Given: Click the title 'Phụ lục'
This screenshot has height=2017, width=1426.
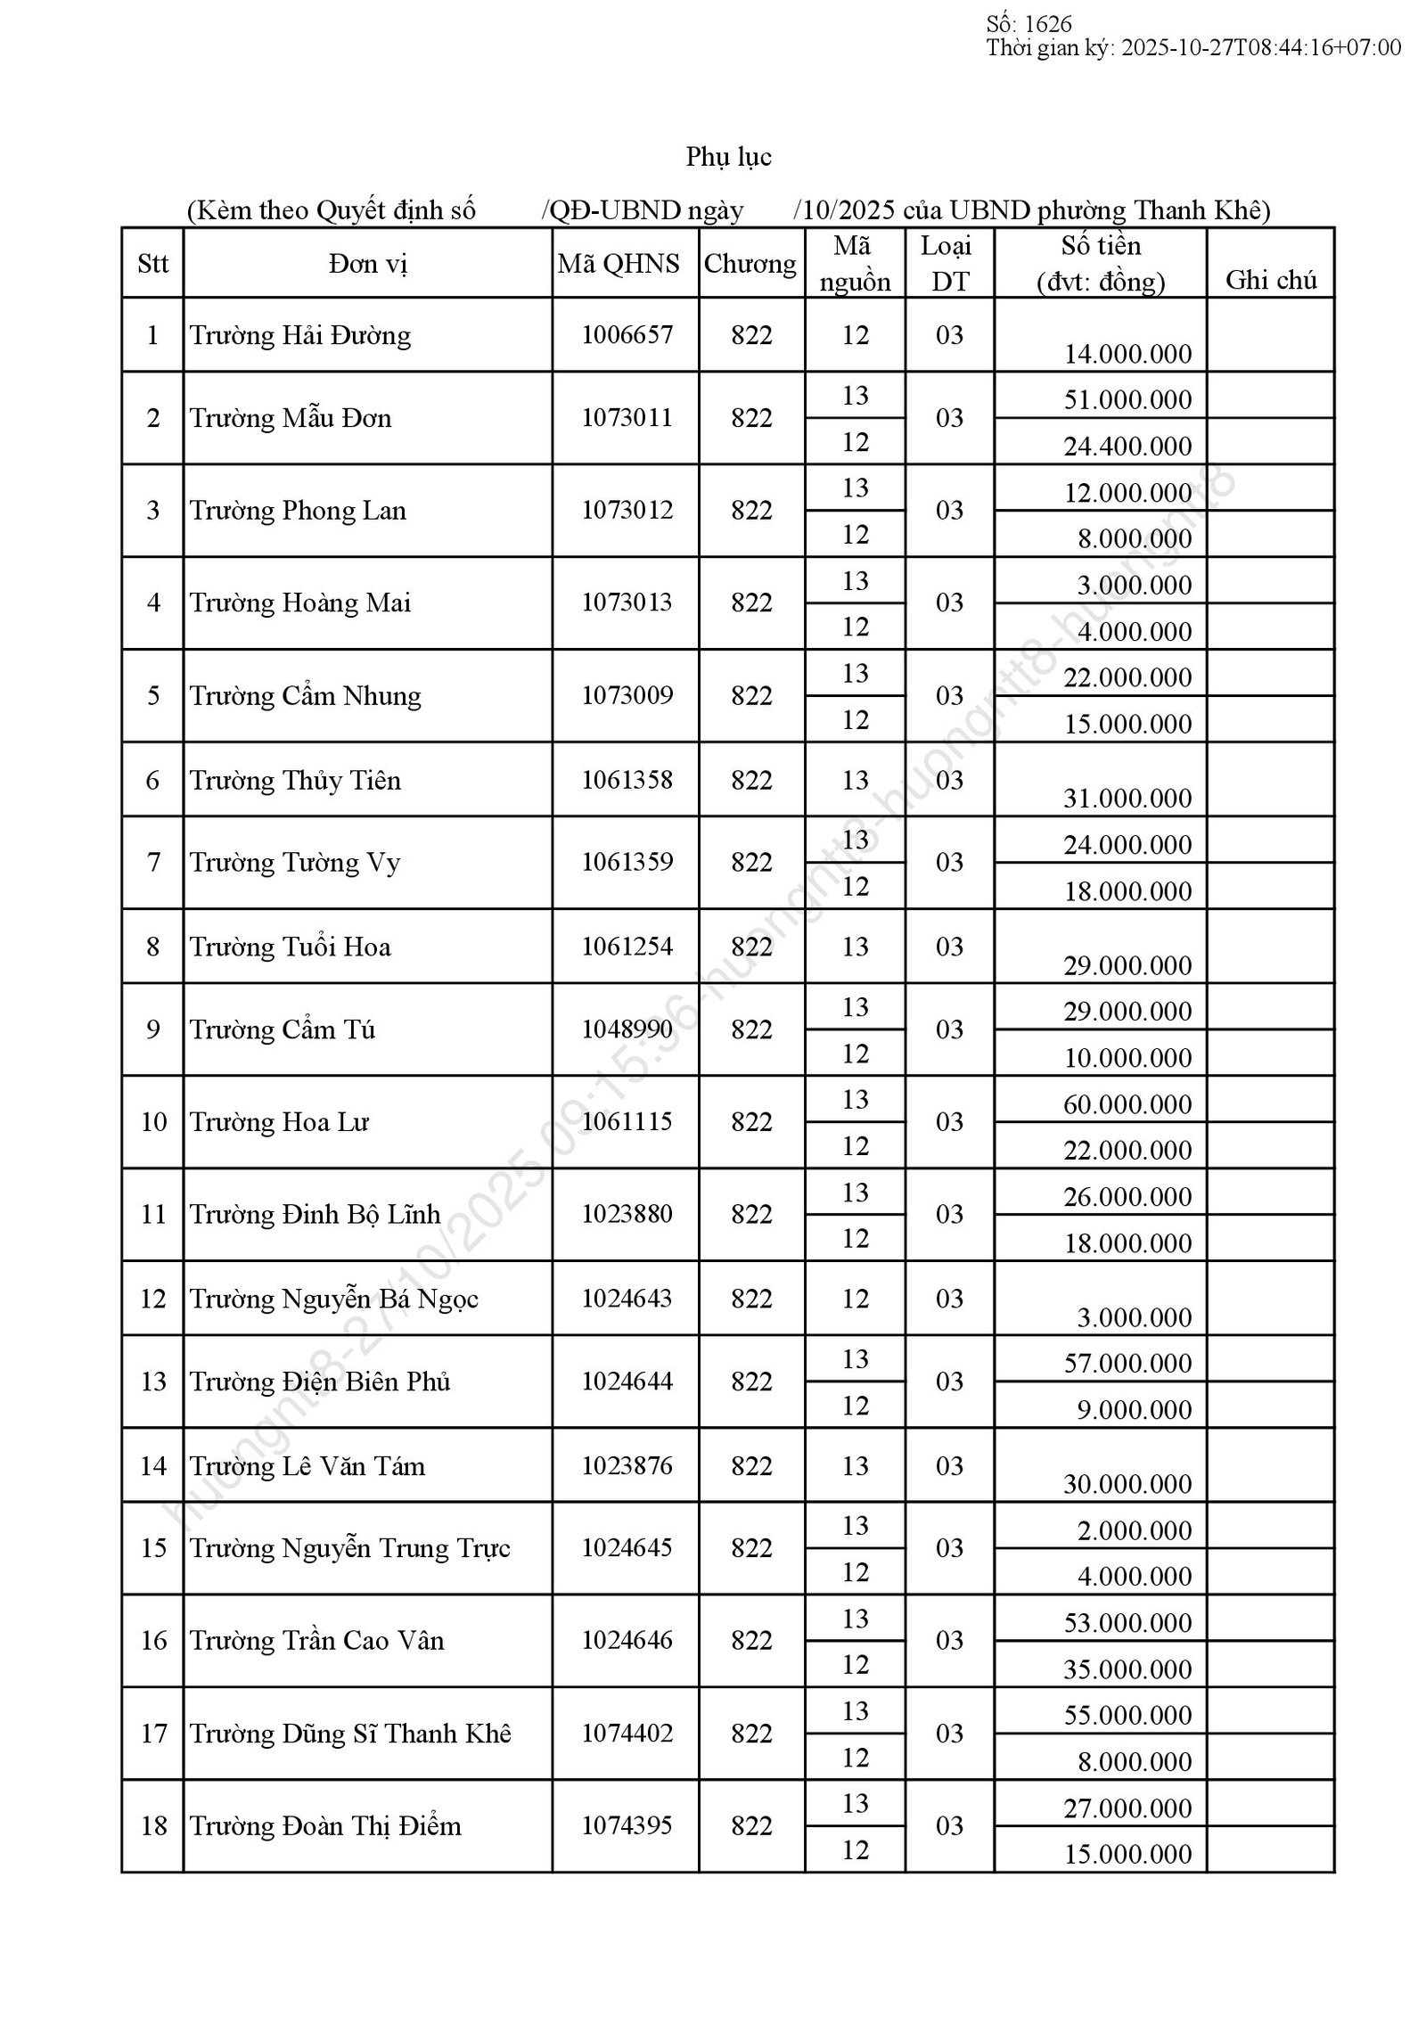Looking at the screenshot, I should coord(728,157).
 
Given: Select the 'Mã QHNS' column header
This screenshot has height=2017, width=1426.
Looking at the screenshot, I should coord(619,263).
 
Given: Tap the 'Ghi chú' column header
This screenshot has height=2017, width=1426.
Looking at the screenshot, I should coord(1270,280).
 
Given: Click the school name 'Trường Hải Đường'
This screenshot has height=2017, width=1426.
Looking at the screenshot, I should coord(300,335).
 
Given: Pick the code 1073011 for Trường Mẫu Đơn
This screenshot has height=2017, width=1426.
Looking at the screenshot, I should coord(627,418).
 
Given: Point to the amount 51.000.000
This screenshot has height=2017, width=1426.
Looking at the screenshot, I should coord(1127,399).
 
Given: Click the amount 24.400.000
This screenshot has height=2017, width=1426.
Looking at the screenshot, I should coord(1127,446).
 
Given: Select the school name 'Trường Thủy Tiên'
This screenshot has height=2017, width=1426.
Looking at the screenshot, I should coord(295,781).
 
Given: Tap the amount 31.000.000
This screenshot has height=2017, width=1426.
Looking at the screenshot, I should coord(1127,798).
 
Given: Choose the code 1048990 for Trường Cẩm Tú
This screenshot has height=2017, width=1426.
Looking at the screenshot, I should coord(627,1029).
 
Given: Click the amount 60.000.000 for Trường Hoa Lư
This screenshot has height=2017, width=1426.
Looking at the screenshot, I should coord(1127,1104).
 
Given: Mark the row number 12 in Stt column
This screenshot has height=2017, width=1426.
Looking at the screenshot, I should coord(153,1299).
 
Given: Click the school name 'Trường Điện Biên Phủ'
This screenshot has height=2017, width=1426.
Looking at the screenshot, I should coord(320,1382).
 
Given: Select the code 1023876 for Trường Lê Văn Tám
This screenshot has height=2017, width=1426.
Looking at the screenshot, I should coord(627,1466).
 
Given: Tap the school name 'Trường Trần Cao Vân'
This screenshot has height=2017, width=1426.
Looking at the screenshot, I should coord(316,1641).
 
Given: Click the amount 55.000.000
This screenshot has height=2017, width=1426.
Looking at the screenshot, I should coord(1127,1715).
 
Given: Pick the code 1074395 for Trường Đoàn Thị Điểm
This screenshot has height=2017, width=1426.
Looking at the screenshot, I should coord(627,1826).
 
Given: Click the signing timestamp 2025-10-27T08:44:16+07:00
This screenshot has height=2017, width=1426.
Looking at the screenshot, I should coord(1260,47).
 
